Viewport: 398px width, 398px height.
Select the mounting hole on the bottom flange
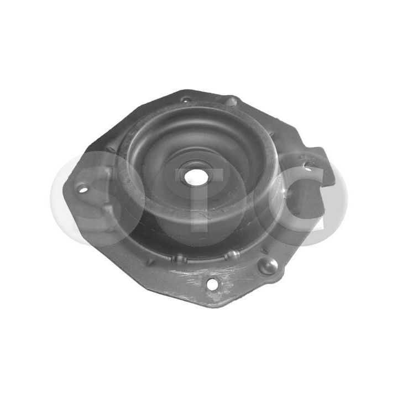click(212, 285)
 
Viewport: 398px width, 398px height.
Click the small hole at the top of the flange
click(185, 100)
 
